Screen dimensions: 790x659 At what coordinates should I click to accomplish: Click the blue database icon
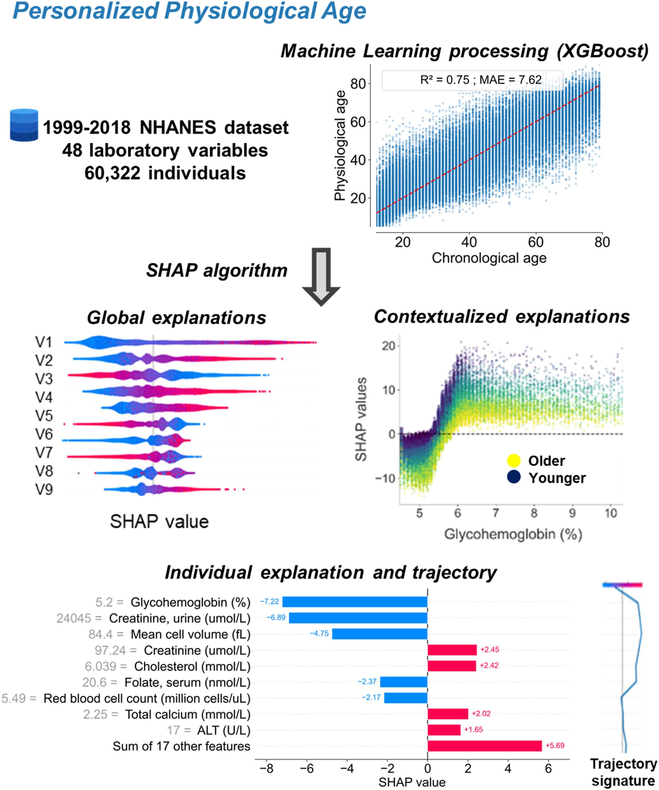tap(24, 125)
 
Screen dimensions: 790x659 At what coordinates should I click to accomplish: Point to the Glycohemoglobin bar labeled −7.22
tap(354, 601)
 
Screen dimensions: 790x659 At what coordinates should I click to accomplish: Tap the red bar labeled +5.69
tap(484, 746)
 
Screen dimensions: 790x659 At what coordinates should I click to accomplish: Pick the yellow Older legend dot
tap(513, 460)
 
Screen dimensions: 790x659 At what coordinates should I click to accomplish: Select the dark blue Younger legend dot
tap(513, 477)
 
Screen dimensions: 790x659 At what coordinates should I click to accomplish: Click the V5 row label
tap(44, 416)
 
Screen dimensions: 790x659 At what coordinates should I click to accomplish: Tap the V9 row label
tap(44, 490)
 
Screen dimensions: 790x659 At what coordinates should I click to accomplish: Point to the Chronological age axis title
tap(489, 258)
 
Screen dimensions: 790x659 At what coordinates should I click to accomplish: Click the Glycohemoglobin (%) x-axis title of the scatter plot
tap(513, 535)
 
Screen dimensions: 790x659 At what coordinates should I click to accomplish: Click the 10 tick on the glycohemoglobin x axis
tap(610, 513)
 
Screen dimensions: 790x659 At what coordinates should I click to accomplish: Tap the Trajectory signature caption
tap(623, 772)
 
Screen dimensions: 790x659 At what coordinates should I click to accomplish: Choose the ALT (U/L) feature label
tap(224, 730)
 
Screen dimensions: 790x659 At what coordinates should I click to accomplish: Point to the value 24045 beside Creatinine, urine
tap(74, 618)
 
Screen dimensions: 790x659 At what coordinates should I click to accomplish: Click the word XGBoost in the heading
tap(603, 51)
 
